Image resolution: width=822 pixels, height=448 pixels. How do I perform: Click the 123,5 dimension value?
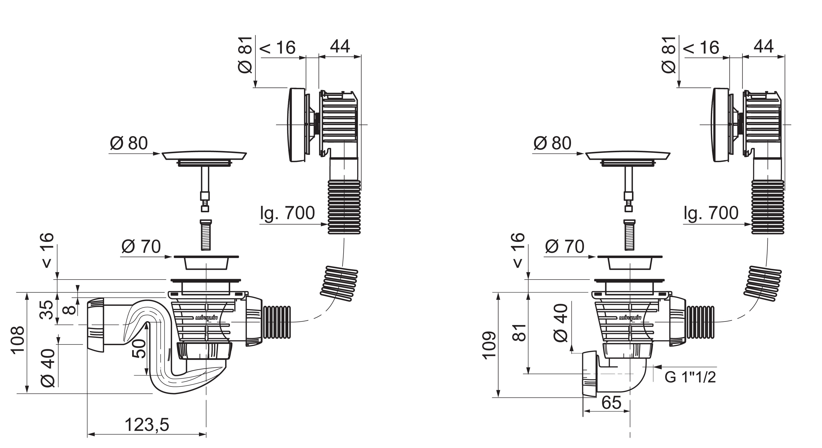[x=146, y=425]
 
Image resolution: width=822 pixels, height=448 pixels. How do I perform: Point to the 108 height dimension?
[x=18, y=339]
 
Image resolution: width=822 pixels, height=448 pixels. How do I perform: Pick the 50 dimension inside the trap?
[x=139, y=349]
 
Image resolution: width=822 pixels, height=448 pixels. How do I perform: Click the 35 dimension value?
[x=47, y=309]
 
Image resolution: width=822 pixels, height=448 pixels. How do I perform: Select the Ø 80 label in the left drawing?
[x=129, y=143]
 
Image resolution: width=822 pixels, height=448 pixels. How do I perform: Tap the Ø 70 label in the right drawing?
[x=565, y=247]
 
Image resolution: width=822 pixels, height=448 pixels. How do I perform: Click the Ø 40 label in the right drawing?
[x=561, y=323]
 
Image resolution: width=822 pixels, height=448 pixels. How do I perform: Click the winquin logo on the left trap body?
[x=206, y=318]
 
